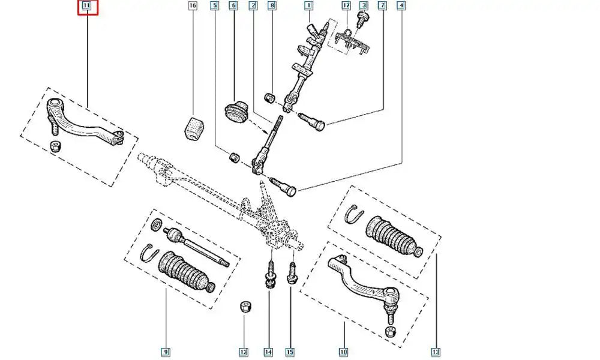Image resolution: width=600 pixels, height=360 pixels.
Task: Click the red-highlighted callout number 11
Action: pyautogui.click(x=87, y=7)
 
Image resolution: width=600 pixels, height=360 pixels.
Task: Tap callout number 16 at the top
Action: pyautogui.click(x=192, y=7)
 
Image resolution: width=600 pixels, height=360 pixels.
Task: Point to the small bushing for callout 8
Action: pyautogui.click(x=270, y=97)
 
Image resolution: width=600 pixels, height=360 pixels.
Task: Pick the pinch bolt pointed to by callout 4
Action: pyautogui.click(x=283, y=185)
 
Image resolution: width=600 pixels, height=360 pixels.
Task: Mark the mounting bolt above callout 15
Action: pyautogui.click(x=292, y=273)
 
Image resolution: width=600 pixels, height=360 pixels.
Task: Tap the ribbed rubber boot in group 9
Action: pyautogui.click(x=184, y=273)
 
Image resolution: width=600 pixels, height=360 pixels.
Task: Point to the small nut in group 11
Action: pyautogui.click(x=55, y=146)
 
